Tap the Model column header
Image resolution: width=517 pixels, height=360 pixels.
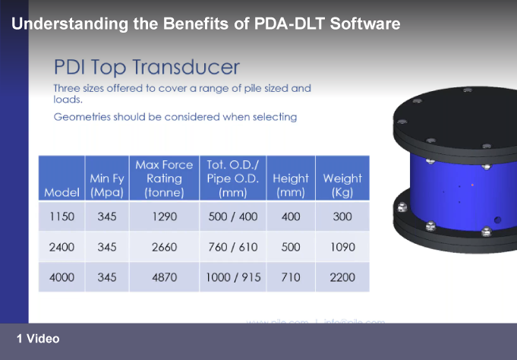click(61, 193)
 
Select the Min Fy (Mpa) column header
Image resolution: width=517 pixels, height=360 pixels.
click(106, 185)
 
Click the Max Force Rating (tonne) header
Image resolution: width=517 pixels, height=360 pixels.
click(164, 178)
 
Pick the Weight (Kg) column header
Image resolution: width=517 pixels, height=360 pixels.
click(342, 185)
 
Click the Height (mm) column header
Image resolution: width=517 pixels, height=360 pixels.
click(291, 185)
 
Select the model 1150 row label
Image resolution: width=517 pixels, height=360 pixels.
click(61, 217)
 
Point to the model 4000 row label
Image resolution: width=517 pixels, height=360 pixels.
click(61, 277)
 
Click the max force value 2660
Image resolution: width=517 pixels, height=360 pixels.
click(164, 248)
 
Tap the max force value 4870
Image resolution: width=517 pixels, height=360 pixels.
click(164, 277)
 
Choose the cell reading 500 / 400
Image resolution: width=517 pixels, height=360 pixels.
click(233, 217)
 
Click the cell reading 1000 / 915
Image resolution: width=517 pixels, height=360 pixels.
click(233, 277)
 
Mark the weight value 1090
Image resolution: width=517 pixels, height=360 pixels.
click(342, 248)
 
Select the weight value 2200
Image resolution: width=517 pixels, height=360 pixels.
click(342, 277)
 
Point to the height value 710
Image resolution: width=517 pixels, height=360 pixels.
click(291, 277)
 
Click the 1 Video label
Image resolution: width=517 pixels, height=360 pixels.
click(38, 339)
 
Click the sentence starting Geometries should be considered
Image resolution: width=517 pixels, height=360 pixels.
click(175, 117)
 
